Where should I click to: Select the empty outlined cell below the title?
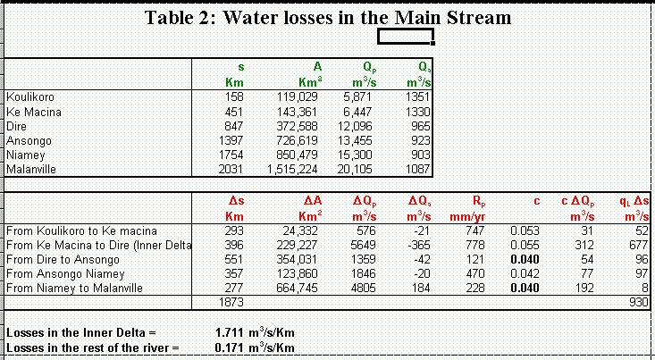pos(406,37)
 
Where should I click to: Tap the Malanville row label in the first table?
pos(31,169)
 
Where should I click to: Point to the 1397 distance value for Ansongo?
pos(231,140)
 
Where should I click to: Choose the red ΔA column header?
pos(311,200)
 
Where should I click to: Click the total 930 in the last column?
pos(638,302)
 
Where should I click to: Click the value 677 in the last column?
pos(638,243)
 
